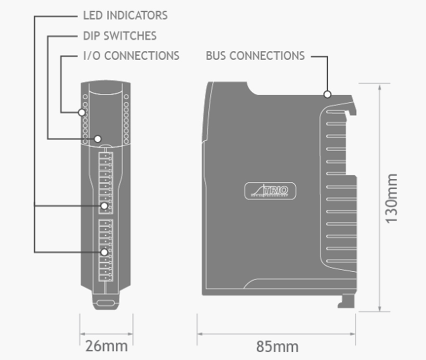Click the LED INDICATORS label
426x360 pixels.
(x=125, y=15)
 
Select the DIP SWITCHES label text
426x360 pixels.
(x=119, y=36)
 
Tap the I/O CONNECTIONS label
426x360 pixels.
(x=131, y=56)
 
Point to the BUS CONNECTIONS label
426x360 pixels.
(x=255, y=56)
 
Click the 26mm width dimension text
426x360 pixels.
(x=106, y=345)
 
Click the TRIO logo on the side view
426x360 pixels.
(x=270, y=190)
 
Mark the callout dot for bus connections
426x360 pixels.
(x=327, y=95)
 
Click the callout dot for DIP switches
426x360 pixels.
(x=98, y=139)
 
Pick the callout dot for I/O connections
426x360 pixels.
(x=82, y=112)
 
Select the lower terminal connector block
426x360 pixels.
(x=105, y=249)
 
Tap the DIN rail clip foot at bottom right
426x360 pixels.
(x=345, y=300)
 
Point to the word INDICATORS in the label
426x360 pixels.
(x=137, y=15)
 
